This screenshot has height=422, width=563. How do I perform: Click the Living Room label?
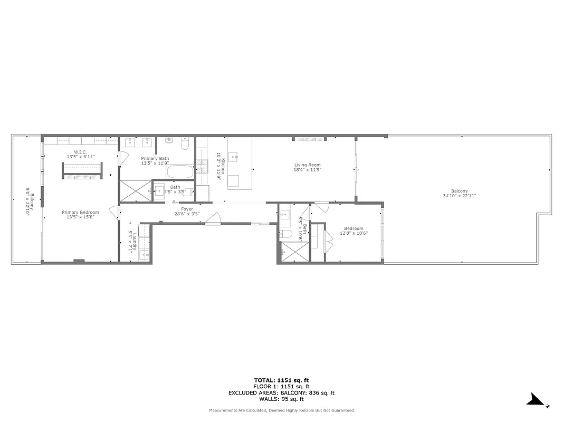(308, 165)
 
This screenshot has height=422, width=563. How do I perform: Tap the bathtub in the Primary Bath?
(180, 171)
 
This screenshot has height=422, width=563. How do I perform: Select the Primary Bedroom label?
(80, 212)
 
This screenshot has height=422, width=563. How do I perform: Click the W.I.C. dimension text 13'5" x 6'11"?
(80, 157)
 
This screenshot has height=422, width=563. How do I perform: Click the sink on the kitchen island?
(236, 157)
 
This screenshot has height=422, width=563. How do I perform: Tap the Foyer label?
(187, 209)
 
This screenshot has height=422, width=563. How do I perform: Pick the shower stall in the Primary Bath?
(135, 190)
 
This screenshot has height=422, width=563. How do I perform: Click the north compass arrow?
(538, 400)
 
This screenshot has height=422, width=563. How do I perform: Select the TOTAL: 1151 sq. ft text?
(281, 380)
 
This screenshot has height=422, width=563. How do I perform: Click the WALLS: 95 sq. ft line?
(281, 399)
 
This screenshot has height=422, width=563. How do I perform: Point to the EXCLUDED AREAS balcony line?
(281, 393)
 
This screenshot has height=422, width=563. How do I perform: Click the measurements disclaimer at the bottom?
(281, 410)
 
